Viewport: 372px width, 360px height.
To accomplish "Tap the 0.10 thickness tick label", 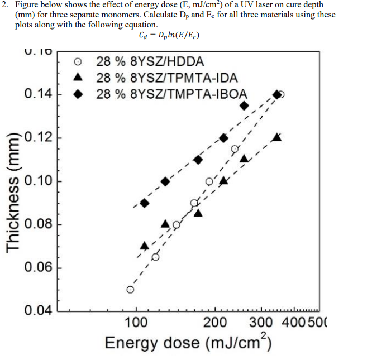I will (x=37, y=181).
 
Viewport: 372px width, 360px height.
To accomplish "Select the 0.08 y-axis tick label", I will (x=37, y=224).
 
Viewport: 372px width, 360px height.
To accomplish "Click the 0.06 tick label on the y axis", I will (x=37, y=268).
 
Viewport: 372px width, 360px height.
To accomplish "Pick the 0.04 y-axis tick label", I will (x=37, y=311).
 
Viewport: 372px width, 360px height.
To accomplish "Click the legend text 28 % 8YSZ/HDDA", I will (x=149, y=61).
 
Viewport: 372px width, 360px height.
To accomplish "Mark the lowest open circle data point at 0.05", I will (x=130, y=290).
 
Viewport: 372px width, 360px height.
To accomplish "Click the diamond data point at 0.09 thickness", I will (x=145, y=203).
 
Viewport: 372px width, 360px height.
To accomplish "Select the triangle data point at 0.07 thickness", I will (x=145, y=246).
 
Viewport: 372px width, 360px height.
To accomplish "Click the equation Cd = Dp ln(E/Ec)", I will (x=169, y=35).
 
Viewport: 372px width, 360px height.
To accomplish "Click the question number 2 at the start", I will (x=4, y=5).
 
